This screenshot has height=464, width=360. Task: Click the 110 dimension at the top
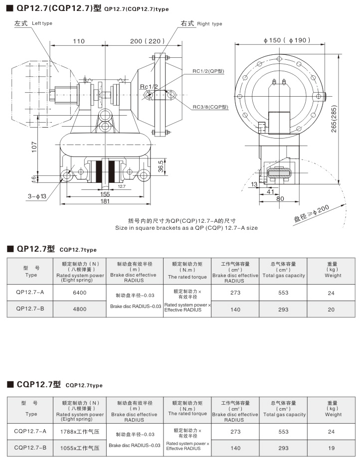79,41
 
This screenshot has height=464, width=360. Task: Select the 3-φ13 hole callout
37,196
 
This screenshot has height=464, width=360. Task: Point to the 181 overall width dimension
105,201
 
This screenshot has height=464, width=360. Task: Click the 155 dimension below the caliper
105,194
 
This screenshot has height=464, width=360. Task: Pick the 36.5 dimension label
161,165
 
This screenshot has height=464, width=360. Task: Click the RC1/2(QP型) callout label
208,71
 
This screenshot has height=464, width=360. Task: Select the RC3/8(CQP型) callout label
210,107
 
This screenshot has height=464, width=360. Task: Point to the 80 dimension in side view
280,198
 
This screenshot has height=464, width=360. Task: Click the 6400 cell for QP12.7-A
80,293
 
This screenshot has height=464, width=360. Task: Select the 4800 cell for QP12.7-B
80,309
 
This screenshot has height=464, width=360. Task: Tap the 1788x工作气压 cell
80,432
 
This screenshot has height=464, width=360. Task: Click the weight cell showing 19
331,448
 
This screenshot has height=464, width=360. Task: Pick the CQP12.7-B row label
30,448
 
